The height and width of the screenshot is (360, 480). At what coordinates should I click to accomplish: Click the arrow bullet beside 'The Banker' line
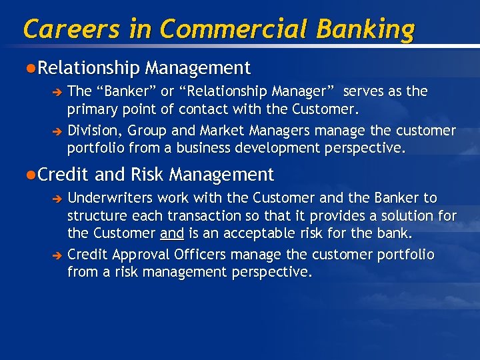click(x=58, y=92)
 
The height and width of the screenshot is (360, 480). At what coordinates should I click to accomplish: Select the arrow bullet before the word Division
click(x=58, y=131)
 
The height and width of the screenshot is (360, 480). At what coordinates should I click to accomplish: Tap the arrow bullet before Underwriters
click(x=58, y=199)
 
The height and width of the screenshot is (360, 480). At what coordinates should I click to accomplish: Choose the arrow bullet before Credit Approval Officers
click(x=58, y=256)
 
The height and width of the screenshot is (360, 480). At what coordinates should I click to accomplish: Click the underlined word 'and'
click(x=172, y=234)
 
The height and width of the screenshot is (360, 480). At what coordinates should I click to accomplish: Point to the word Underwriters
click(x=107, y=198)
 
